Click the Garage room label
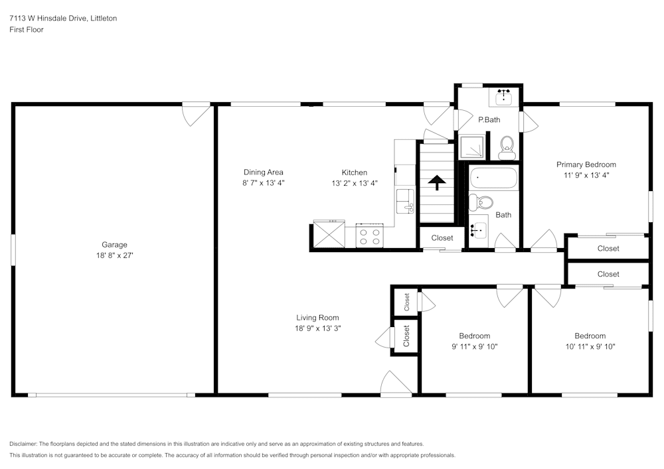point(114,244)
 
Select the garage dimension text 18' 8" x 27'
point(114,255)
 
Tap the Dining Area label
point(263,172)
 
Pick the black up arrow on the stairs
point(436,182)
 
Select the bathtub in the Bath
point(493,178)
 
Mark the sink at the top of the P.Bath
point(504,98)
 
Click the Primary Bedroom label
point(586,165)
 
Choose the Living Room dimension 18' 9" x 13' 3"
point(318,328)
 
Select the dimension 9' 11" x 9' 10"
point(474,346)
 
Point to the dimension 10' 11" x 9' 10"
point(590,346)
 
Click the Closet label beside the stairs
point(442,237)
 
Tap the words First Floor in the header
point(27,30)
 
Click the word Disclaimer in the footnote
point(24,444)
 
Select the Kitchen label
point(355,172)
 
